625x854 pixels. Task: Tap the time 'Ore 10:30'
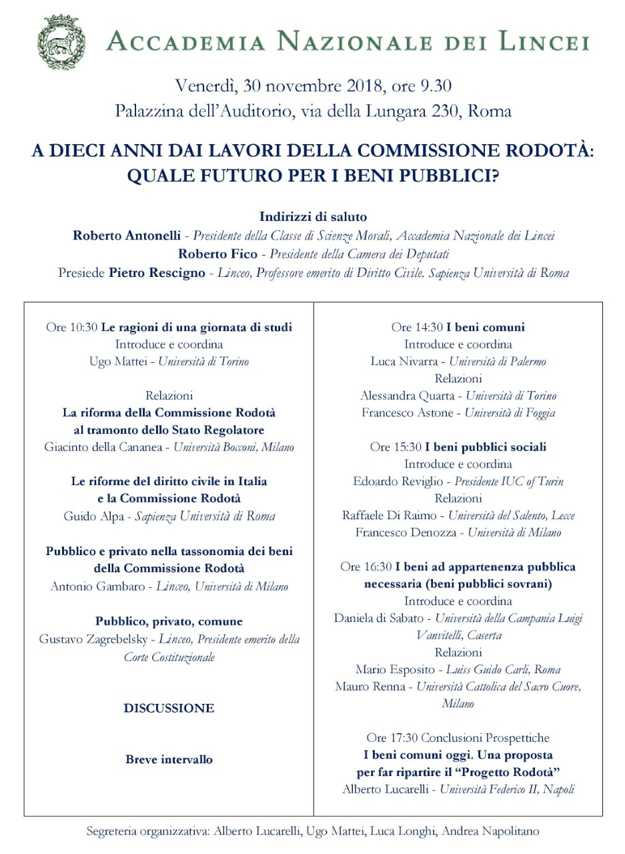pyautogui.click(x=71, y=328)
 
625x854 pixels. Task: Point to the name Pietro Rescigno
pyautogui.click(x=157, y=273)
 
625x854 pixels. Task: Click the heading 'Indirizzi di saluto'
pyautogui.click(x=313, y=217)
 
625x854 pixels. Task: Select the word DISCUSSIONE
pyautogui.click(x=169, y=709)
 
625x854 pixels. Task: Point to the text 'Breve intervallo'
pyautogui.click(x=169, y=759)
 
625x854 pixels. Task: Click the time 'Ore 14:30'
pyautogui.click(x=416, y=328)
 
